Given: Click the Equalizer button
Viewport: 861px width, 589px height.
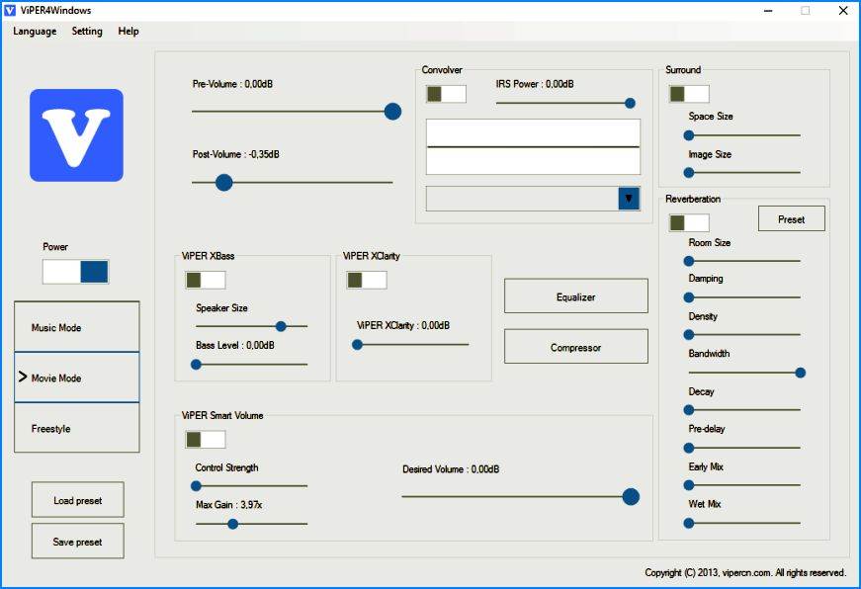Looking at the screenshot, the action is coord(576,295).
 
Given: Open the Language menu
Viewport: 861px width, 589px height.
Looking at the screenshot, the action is coord(35,32).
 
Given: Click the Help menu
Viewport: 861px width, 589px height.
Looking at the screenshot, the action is coord(129,32).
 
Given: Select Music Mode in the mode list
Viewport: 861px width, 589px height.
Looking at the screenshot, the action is coord(77,326).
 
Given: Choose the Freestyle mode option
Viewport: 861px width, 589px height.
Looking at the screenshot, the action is coord(77,428).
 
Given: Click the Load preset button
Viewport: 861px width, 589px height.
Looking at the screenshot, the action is coord(77,499).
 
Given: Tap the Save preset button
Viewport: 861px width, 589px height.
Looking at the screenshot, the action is coord(77,541).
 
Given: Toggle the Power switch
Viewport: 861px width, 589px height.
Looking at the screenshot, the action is coord(76,272).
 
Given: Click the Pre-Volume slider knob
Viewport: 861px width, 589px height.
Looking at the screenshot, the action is coord(392,112).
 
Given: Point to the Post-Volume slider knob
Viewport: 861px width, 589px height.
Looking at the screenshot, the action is coord(224,182).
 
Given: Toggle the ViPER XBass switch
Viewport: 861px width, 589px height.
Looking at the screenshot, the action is coord(206,280).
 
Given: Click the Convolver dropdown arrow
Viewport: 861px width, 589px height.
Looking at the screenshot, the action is coord(629,199).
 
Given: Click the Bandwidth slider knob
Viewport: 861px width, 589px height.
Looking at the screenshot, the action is coord(801,373).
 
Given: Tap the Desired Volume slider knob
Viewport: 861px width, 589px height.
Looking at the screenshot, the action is coord(631,497).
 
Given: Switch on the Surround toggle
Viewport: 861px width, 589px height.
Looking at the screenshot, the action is coord(689,94).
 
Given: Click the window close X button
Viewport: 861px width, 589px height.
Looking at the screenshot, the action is coord(843,11).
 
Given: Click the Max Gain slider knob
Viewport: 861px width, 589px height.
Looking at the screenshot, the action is coord(233,524).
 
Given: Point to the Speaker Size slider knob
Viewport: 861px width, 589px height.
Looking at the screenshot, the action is coord(281,326).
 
